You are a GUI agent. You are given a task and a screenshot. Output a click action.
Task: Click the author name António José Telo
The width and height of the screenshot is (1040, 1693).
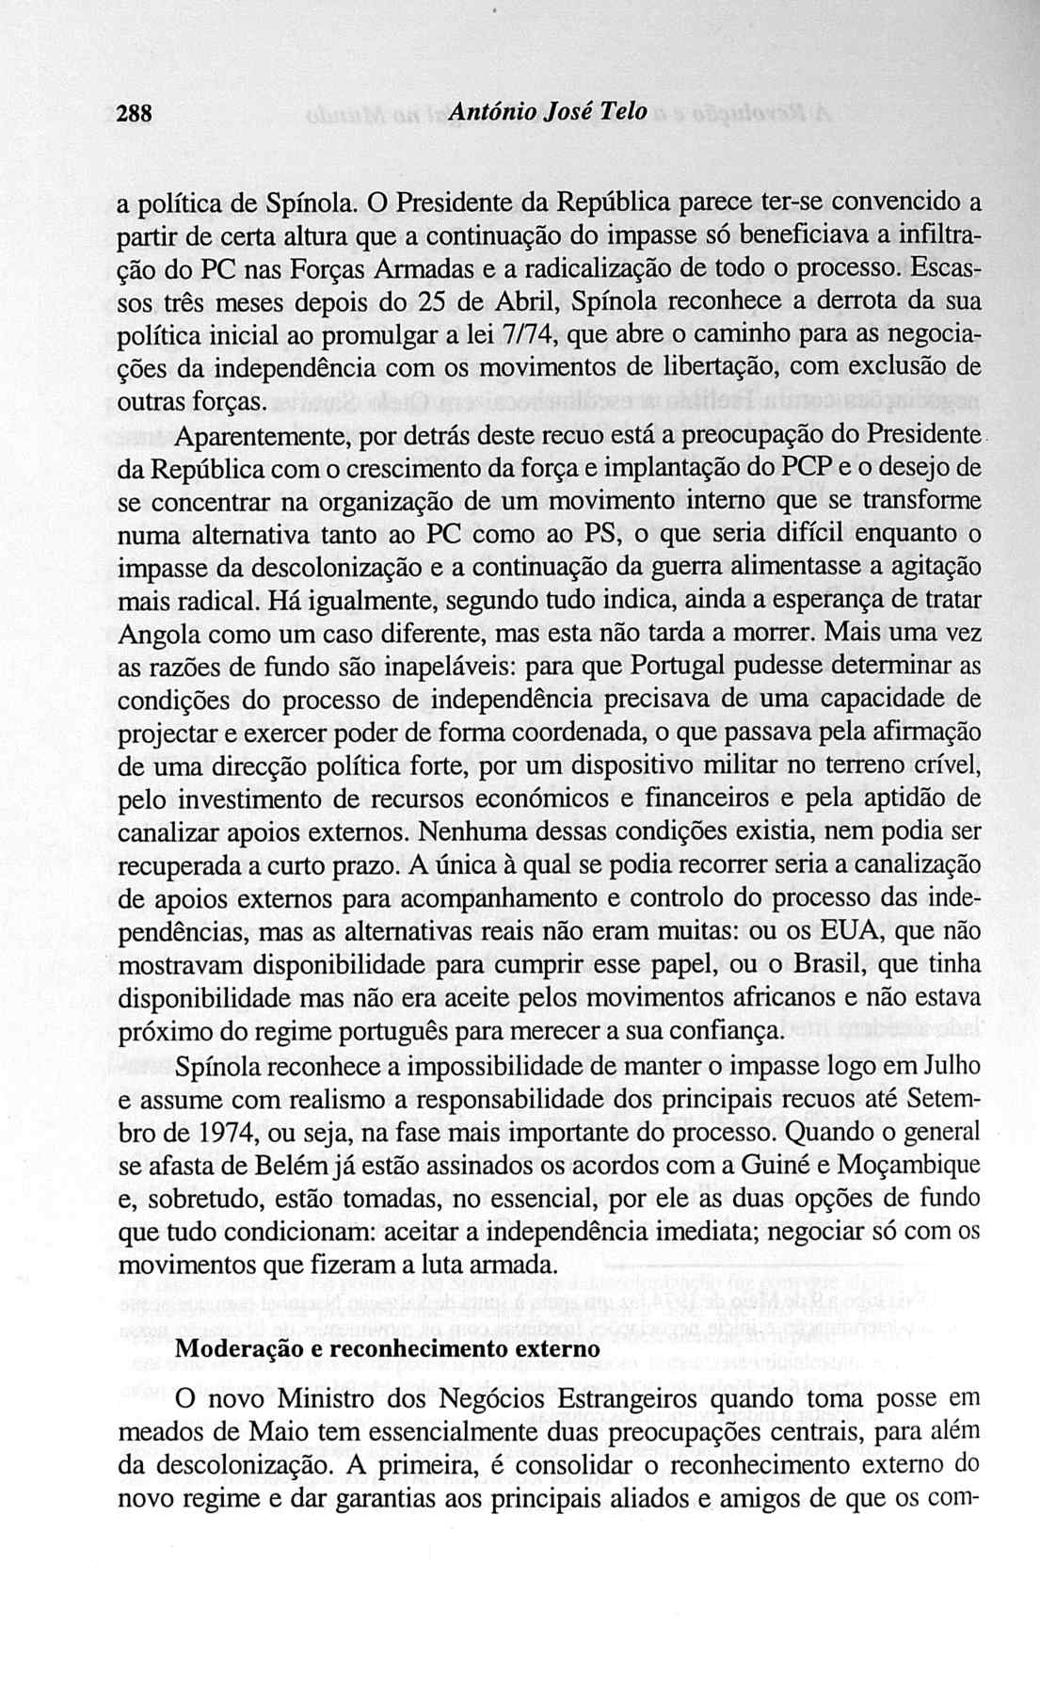(x=550, y=112)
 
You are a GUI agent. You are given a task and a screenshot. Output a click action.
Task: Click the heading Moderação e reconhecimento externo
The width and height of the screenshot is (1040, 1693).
(x=388, y=1348)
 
